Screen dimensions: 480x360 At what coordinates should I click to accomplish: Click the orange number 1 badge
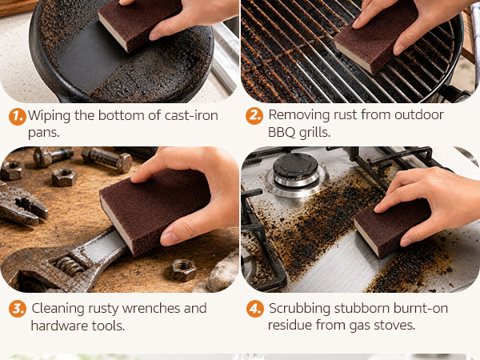[x=17, y=117]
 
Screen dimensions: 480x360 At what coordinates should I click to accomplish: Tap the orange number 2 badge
[x=254, y=116]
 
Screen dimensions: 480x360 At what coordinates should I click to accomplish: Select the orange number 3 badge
[x=18, y=309]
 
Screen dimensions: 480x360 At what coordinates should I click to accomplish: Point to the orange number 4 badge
[x=255, y=309]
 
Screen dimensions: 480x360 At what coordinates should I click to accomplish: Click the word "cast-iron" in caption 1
[x=191, y=116]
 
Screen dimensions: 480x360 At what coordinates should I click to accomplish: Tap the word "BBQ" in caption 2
[x=282, y=133]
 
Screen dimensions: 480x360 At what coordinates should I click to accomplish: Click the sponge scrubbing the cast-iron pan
[x=139, y=25]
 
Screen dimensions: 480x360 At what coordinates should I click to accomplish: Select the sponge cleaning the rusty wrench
[x=154, y=211]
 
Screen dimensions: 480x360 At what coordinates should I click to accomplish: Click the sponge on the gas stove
[x=392, y=228]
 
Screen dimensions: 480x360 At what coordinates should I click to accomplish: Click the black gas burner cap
[x=295, y=166]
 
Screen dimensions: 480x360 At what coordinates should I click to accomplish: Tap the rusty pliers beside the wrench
[x=22, y=205]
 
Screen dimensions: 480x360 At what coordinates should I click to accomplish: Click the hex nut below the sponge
[x=183, y=270]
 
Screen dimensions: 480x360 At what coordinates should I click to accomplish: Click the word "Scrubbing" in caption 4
[x=299, y=309]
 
